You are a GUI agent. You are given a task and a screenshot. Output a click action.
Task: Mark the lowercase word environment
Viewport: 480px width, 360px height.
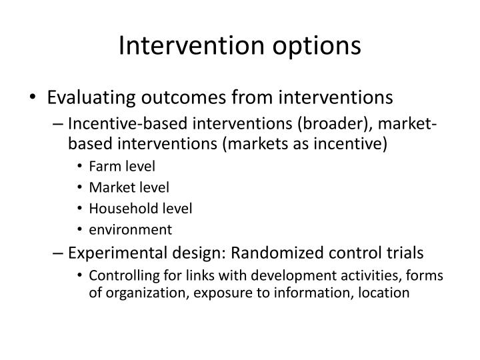(x=130, y=229)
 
